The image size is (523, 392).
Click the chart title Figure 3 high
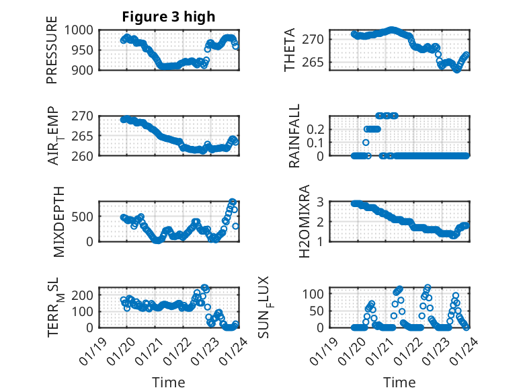point(168,17)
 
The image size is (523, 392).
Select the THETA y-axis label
point(290,50)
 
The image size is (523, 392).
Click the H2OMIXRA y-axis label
point(304,221)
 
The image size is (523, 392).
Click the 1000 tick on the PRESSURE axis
point(82,30)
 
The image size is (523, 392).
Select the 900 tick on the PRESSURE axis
point(85,69)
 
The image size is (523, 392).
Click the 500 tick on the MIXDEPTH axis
point(85,217)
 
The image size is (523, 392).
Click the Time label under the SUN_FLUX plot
point(399,383)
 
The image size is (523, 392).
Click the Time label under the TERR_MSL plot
point(168,383)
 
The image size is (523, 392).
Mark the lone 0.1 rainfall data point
point(366,143)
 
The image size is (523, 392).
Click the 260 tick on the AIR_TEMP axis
point(85,155)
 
